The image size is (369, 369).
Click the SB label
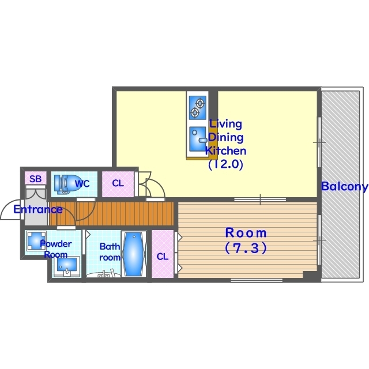pos(36,179)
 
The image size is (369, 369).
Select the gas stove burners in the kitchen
pos(197,108)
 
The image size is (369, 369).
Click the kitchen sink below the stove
pos(198,139)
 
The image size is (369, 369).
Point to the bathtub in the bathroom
pos(133,254)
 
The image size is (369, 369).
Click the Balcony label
pos(345,186)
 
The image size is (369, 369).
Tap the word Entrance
pos(38,209)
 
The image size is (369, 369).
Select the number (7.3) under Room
pos(246,248)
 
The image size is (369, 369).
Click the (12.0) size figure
pos(225,164)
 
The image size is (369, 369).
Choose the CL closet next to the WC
pos(118,184)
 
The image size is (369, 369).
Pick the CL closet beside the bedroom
pos(163,254)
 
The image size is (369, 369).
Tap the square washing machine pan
pos(36,240)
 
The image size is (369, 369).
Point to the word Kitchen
pos(225,151)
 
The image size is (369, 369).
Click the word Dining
pos(225,137)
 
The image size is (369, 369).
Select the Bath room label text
pos(110,252)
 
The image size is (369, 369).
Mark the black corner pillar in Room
pos(310,275)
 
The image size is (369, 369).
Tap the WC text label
pos(82,183)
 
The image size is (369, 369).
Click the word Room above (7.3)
pos(246,233)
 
